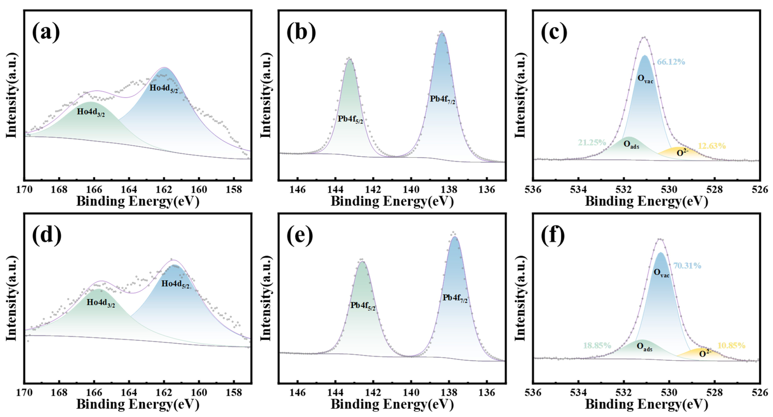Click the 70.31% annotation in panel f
(687, 266)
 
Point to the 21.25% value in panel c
(592, 143)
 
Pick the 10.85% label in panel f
(731, 346)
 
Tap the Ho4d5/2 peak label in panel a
(163, 88)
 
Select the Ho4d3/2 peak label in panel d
(100, 303)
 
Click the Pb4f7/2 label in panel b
(442, 100)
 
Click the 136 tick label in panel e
(486, 393)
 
